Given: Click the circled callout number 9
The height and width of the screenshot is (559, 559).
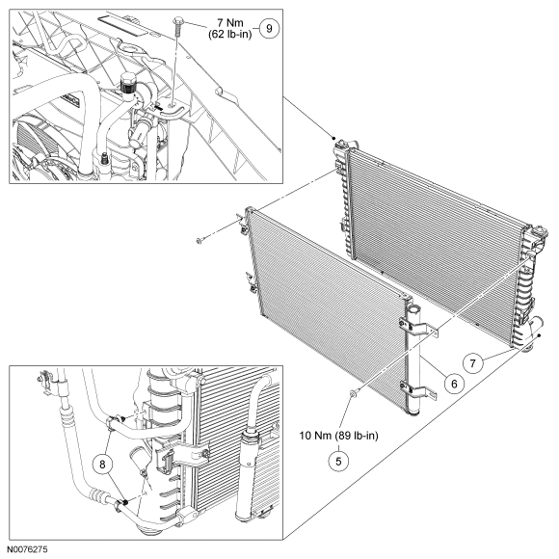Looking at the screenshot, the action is point(269,28).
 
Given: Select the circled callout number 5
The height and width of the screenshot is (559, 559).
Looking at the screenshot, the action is point(338,461).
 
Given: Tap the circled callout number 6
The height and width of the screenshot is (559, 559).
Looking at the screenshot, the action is point(454,384).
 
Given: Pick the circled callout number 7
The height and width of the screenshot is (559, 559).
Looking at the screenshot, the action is point(472,363).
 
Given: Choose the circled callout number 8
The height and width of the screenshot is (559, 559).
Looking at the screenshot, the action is point(103,465).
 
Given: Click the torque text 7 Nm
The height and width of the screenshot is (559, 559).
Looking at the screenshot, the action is point(230,23).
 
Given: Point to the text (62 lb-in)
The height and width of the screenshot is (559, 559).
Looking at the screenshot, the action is point(230,35).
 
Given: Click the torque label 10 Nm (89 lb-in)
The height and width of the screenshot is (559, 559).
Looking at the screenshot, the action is point(338,436).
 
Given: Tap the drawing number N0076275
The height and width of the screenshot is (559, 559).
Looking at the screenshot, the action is point(27,549).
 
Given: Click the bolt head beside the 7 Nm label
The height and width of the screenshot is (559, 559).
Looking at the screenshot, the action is point(177,20).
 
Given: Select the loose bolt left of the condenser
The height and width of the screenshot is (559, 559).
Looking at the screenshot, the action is point(199,241).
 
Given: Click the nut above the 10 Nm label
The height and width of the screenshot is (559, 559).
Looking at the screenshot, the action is point(353,393).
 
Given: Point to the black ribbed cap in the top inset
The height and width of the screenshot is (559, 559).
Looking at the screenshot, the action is point(126,84).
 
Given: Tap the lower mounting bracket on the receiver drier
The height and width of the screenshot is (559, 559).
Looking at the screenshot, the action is point(418,390).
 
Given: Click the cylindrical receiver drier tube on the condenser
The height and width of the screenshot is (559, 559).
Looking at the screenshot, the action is point(413,360).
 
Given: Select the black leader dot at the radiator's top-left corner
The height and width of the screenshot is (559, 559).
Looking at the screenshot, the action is point(334,139).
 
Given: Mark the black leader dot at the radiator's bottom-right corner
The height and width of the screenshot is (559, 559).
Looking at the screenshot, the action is point(540,335).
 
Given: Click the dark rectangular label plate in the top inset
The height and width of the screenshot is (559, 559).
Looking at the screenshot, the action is point(123,26).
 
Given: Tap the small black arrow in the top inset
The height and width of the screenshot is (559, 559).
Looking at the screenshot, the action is point(159,107).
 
